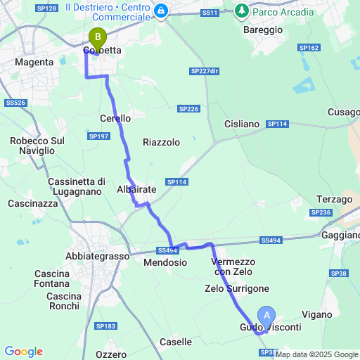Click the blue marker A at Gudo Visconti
pos(266,317)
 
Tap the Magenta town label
pos(34,63)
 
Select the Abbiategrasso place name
pos(94,256)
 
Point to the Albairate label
pos(136,190)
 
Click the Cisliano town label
pos(242,124)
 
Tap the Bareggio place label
pos(262,30)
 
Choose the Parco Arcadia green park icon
pos(243,11)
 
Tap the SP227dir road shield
pos(205,71)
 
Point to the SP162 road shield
pos(309,48)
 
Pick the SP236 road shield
pos(321,212)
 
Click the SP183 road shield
pos(105,326)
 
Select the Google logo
pos(23,352)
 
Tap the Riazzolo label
pos(161,142)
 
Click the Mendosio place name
pos(165,262)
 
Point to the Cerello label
pos(115,118)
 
